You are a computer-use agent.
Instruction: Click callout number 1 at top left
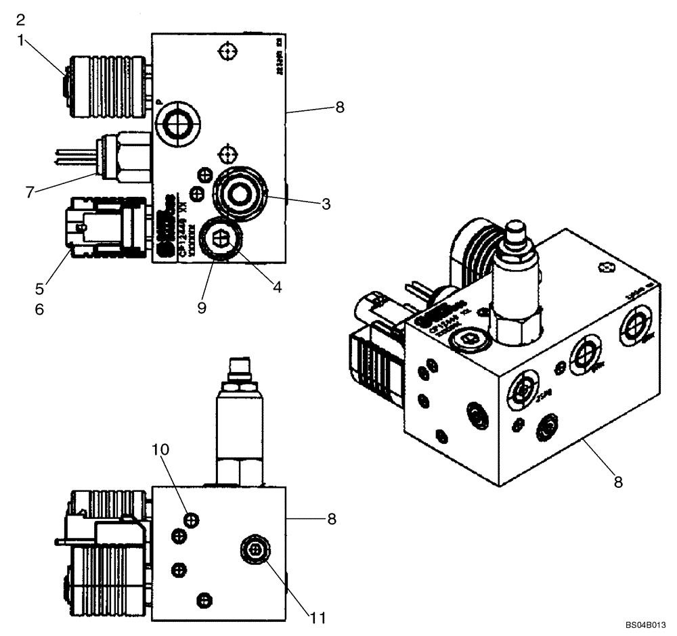[x=21, y=40]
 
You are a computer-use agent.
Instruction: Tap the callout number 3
[x=326, y=204]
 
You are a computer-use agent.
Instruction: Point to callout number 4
[x=277, y=286]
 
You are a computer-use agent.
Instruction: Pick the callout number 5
[x=40, y=288]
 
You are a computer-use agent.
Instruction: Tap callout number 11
[x=318, y=617]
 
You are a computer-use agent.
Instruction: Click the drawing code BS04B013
[x=648, y=625]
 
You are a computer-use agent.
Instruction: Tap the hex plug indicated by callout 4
[x=220, y=240]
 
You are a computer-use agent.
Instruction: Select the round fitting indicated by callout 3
[x=238, y=194]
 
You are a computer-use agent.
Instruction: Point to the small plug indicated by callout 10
[x=192, y=519]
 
